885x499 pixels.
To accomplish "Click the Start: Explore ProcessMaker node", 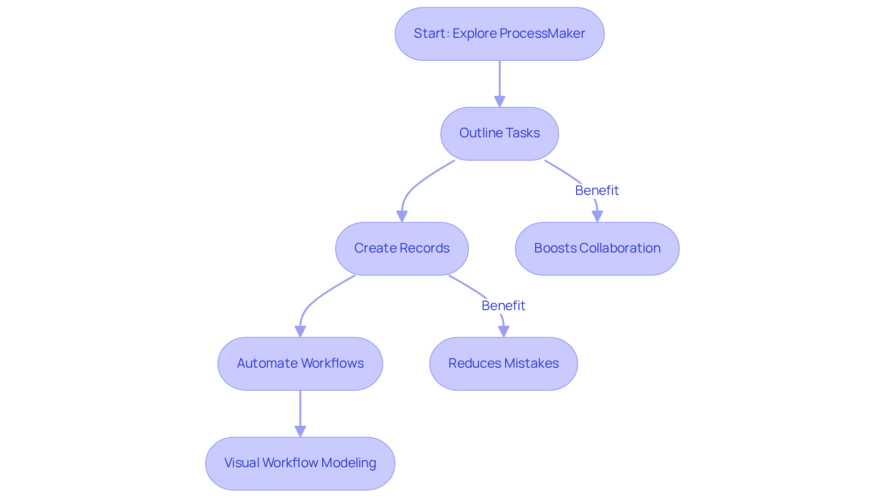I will click(x=499, y=34).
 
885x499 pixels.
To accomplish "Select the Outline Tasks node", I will click(x=499, y=134).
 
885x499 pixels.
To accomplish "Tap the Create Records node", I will click(x=401, y=248).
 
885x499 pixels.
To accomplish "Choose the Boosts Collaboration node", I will click(x=597, y=248).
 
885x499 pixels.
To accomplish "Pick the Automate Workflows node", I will click(x=300, y=364).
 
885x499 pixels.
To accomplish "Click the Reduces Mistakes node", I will click(x=503, y=364).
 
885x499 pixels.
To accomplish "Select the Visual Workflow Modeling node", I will click(x=300, y=463).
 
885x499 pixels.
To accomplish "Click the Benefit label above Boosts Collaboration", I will click(x=597, y=190).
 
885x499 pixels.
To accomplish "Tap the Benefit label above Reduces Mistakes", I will click(x=503, y=305).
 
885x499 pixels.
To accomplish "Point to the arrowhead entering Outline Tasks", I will click(x=499, y=101).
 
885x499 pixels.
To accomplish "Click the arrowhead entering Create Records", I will click(x=402, y=216).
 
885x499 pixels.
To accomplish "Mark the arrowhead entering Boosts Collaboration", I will click(x=597, y=216).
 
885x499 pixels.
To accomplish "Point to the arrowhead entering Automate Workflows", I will click(x=300, y=331).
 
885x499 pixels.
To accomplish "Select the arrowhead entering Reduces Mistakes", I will click(x=503, y=331).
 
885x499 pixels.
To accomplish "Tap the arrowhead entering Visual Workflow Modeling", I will click(x=300, y=431).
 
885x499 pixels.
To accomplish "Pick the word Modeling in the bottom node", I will click(x=348, y=463).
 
